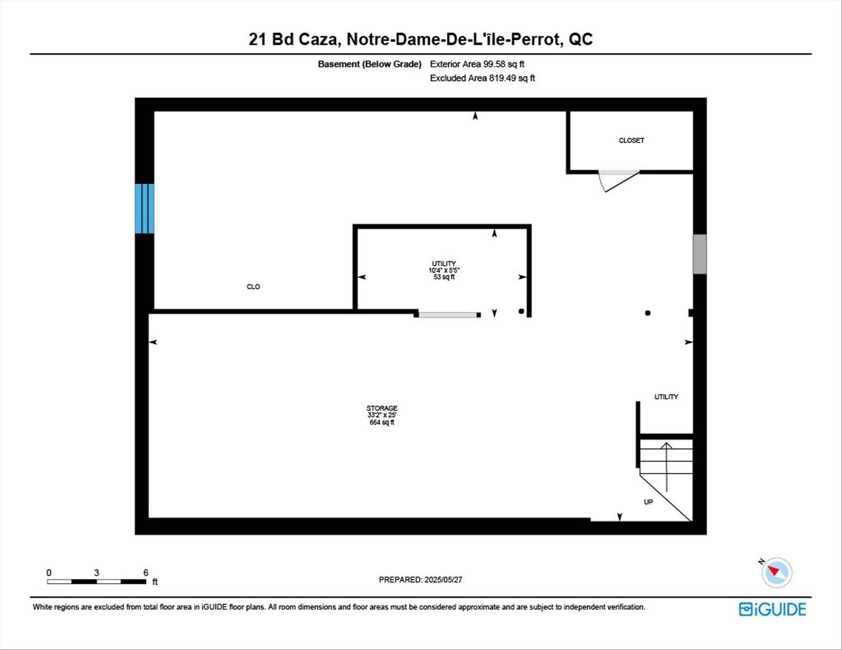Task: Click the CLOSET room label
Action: [631, 141]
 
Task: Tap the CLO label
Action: [253, 287]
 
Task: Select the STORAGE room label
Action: [381, 408]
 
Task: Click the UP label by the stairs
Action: [648, 502]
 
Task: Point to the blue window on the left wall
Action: [145, 209]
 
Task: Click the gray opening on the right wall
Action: [700, 254]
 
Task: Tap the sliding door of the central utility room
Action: [448, 315]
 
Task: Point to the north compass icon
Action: [776, 572]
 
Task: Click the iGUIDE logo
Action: [773, 609]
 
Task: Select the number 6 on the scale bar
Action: [146, 573]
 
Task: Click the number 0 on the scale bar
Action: [49, 573]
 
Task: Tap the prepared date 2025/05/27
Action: [443, 580]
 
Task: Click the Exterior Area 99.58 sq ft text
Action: [477, 64]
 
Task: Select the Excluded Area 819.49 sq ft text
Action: [482, 78]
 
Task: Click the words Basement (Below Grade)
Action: [370, 64]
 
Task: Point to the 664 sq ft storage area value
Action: [382, 422]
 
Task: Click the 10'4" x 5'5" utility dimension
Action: [444, 271]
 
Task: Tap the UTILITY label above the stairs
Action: [666, 397]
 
